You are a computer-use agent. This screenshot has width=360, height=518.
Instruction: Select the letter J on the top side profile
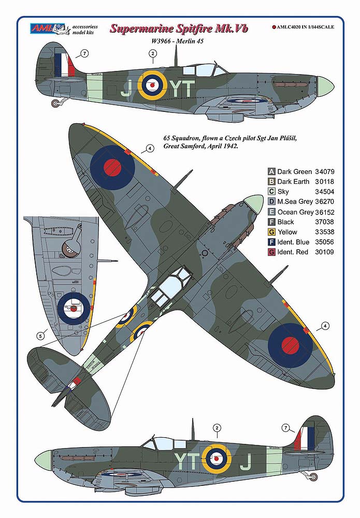point(124,90)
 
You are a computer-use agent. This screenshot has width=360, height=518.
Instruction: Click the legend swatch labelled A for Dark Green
point(271,171)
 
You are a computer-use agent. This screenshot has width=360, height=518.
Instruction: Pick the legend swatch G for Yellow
point(271,232)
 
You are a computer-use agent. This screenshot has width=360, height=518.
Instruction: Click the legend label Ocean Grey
point(295,212)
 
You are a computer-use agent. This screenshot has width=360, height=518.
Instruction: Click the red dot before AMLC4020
point(273,27)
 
